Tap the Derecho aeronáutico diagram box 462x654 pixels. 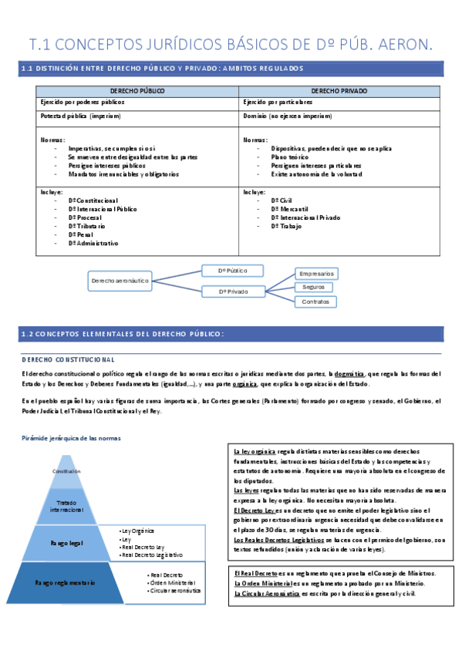[x=120, y=281]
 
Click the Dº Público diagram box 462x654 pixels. [x=233, y=271]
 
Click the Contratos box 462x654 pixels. [x=315, y=301]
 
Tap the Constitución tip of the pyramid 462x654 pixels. [x=66, y=471]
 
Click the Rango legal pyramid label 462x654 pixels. [x=66, y=543]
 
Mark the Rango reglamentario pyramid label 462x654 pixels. [x=66, y=583]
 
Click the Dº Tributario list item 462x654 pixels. [x=86, y=226]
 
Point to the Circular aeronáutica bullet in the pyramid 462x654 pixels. [x=175, y=591]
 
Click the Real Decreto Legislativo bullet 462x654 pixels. [x=152, y=555]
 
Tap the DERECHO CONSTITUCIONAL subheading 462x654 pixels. [x=69, y=360]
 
